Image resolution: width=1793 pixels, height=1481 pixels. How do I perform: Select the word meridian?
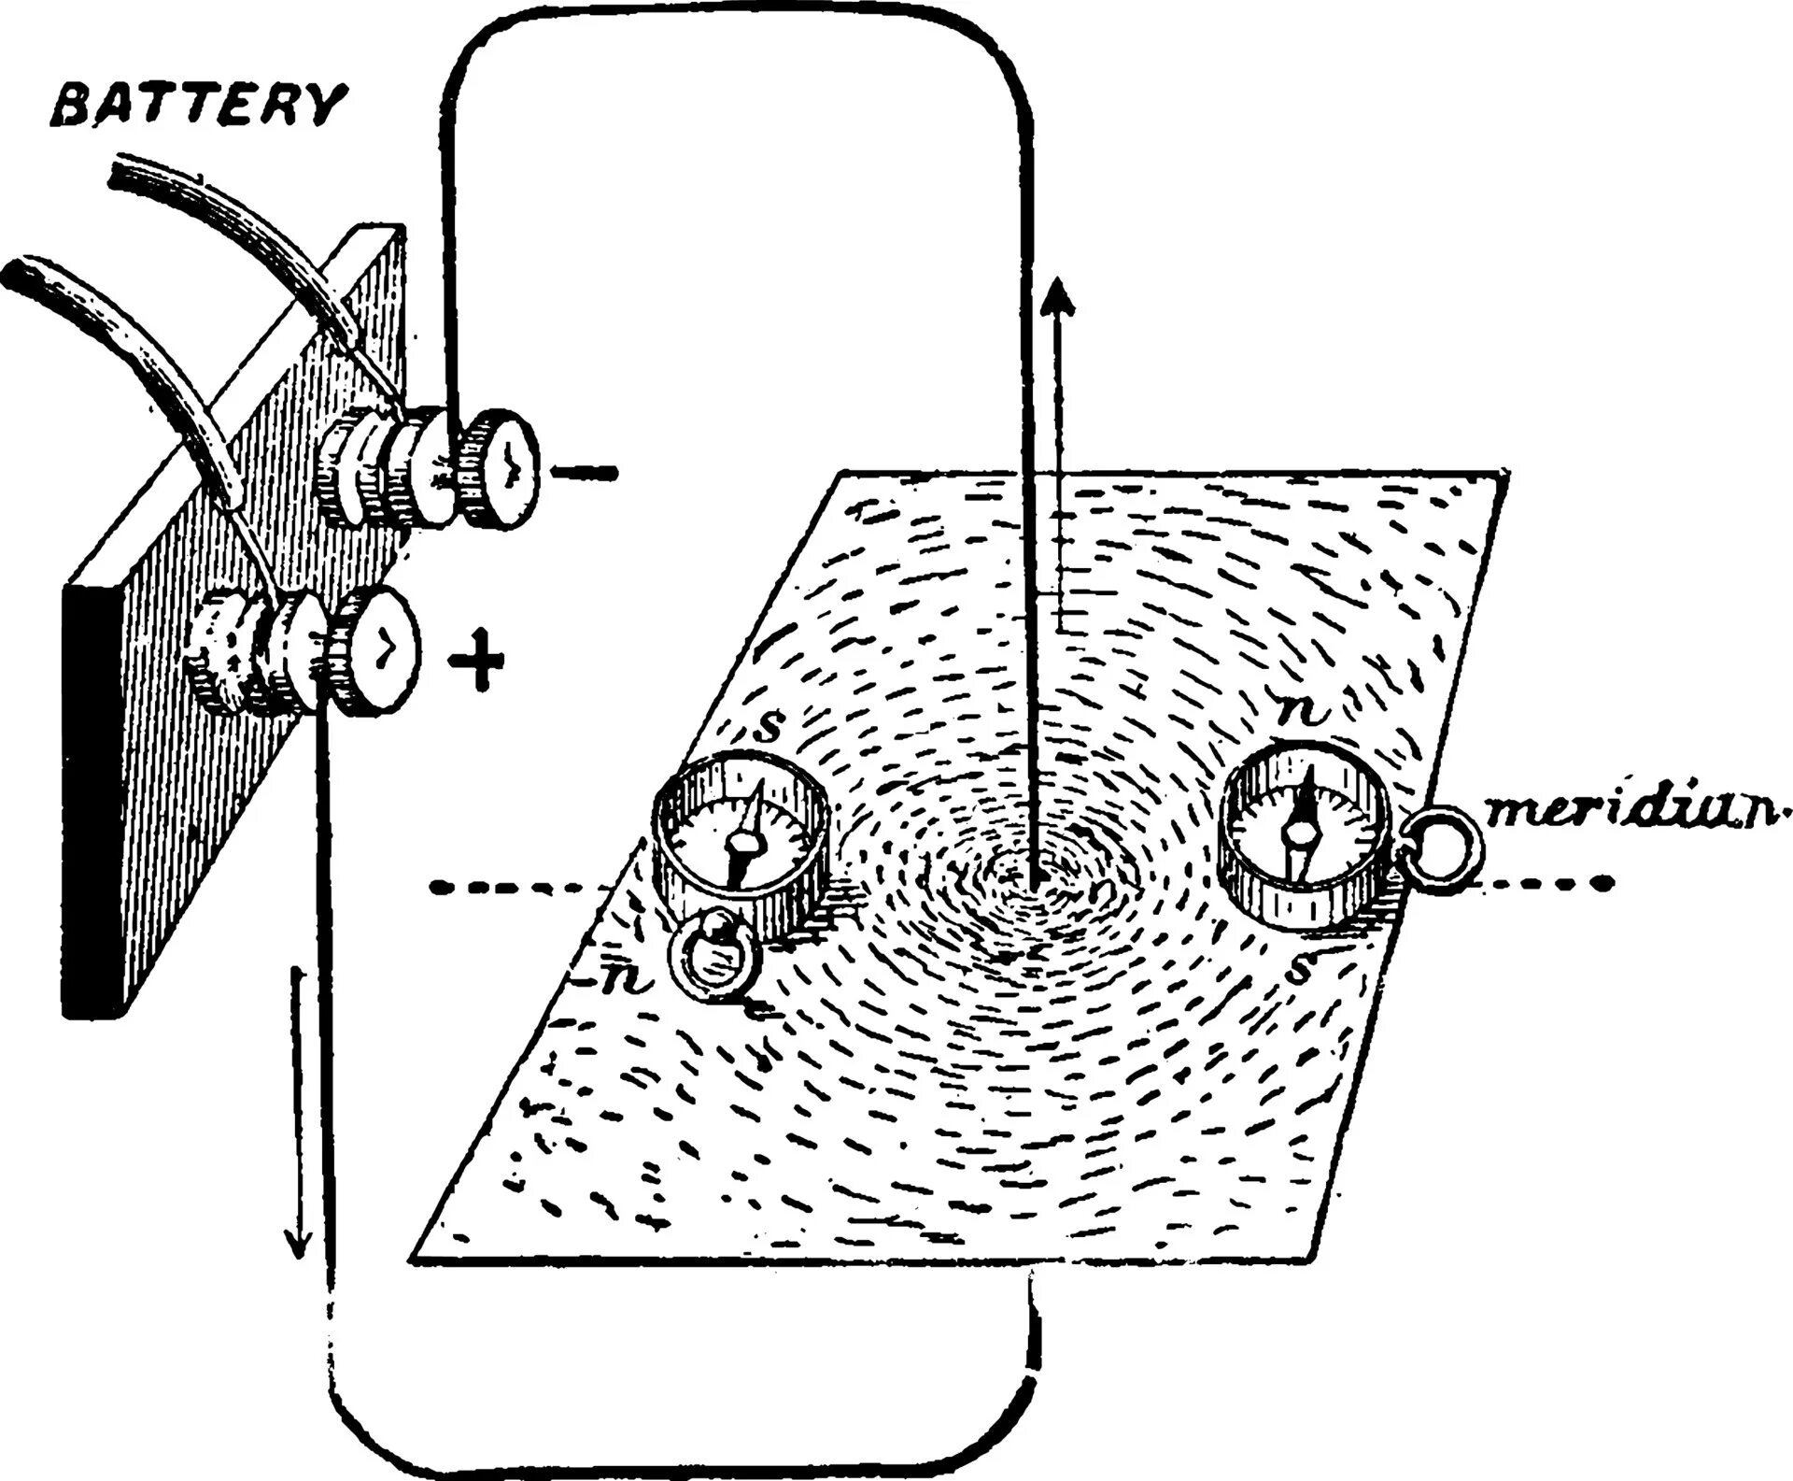pos(1635,810)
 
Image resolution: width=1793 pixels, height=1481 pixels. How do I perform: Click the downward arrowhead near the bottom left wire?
pos(299,1247)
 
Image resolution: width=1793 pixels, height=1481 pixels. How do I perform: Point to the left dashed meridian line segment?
pos(514,886)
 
